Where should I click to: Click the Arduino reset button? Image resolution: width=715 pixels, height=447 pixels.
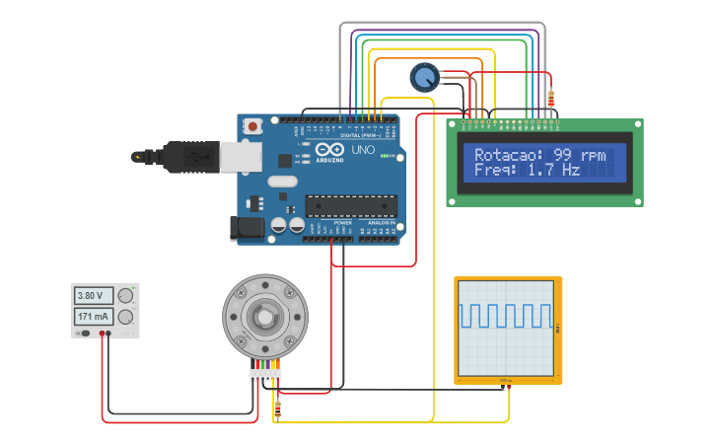(254, 126)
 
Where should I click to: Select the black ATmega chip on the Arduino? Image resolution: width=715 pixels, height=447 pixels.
(350, 205)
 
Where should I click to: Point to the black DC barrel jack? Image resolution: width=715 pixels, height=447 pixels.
(247, 228)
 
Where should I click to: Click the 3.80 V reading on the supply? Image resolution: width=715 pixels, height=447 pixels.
(92, 295)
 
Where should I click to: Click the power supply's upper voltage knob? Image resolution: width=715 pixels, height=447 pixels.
(125, 295)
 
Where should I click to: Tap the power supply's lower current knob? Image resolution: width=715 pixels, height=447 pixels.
(125, 317)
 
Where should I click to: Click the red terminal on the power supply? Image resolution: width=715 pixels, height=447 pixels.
(103, 334)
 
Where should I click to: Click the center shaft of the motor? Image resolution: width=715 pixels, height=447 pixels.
(264, 316)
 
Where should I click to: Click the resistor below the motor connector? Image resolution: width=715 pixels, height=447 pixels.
(277, 408)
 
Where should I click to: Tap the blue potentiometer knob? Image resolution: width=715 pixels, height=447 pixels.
(424, 77)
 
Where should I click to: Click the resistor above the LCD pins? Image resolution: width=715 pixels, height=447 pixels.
(550, 98)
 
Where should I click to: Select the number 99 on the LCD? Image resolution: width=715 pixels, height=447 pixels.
(563, 155)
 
